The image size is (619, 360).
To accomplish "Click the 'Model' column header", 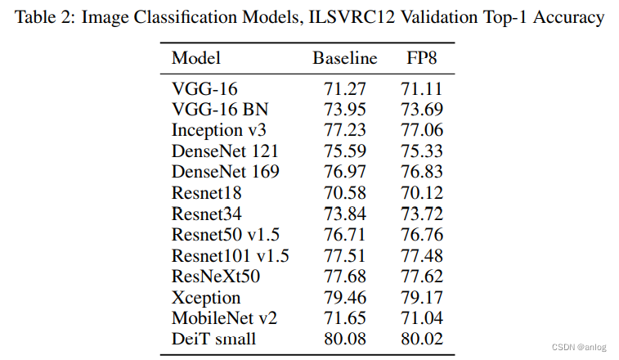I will tap(196, 58).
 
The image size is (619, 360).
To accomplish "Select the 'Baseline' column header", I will tap(344, 58).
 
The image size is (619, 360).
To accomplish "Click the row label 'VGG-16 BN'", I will tap(219, 108).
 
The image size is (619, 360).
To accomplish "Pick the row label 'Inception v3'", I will tap(218, 129).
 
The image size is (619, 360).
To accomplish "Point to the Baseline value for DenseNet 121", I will tap(344, 151).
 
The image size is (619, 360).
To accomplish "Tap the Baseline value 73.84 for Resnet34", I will tap(344, 214).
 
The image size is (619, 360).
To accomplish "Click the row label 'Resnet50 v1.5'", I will tap(224, 235).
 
